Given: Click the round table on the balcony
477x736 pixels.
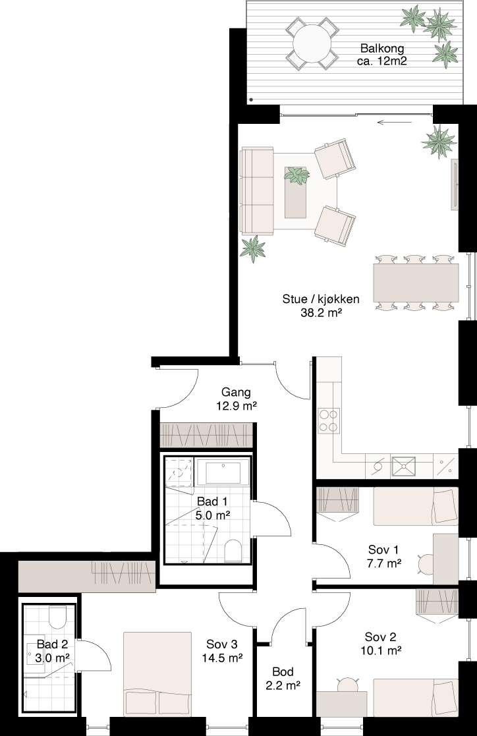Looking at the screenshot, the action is [x=312, y=43].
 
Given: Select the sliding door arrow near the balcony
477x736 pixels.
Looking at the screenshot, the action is [x=395, y=123].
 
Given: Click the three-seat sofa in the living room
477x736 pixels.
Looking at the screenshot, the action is [x=257, y=190].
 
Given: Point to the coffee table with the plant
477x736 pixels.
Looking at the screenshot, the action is [x=296, y=192].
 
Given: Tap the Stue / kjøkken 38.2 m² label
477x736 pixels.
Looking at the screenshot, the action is [x=321, y=306].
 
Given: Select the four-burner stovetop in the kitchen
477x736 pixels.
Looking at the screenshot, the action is [x=329, y=420].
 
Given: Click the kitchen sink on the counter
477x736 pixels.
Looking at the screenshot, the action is [x=404, y=466].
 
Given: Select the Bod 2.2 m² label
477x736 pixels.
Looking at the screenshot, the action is [x=283, y=679].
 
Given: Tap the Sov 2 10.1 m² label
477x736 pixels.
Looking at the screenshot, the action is [x=381, y=644].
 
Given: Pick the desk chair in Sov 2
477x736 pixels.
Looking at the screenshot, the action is [x=347, y=685].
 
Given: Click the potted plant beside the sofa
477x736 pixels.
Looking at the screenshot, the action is [x=252, y=248].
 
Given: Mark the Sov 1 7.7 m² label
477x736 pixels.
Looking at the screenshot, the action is [x=384, y=556].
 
